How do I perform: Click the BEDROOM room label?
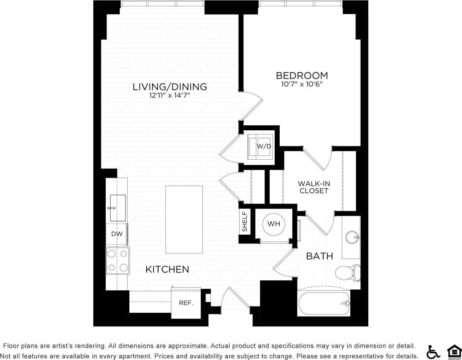(x=302, y=75)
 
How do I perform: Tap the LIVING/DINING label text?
(x=169, y=87)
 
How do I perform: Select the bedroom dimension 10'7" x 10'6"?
(x=302, y=84)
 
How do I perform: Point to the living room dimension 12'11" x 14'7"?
(x=169, y=95)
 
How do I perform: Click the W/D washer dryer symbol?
(x=260, y=146)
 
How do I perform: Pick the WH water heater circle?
(x=273, y=224)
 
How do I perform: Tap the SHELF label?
(x=245, y=222)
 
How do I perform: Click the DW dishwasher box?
(x=117, y=234)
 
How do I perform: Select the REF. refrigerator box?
(x=186, y=303)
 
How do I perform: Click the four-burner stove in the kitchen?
(x=118, y=261)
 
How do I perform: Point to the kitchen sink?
(x=118, y=207)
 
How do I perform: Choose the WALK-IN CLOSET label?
(x=314, y=187)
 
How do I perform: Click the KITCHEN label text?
(x=167, y=270)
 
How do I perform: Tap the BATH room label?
(x=319, y=256)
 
